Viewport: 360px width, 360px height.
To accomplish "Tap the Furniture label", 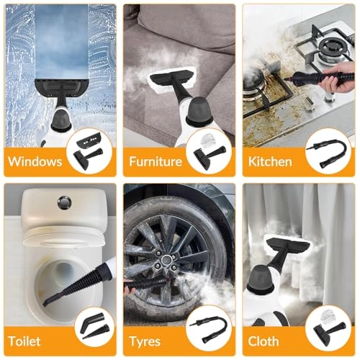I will pos(156,161).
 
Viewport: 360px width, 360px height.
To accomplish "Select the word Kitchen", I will pos(270,161).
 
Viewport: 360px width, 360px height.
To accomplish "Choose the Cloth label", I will pos(264,340).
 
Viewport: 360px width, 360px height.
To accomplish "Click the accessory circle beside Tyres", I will pos(209,330).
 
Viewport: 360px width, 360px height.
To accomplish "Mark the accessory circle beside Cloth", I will pos(328,330).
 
